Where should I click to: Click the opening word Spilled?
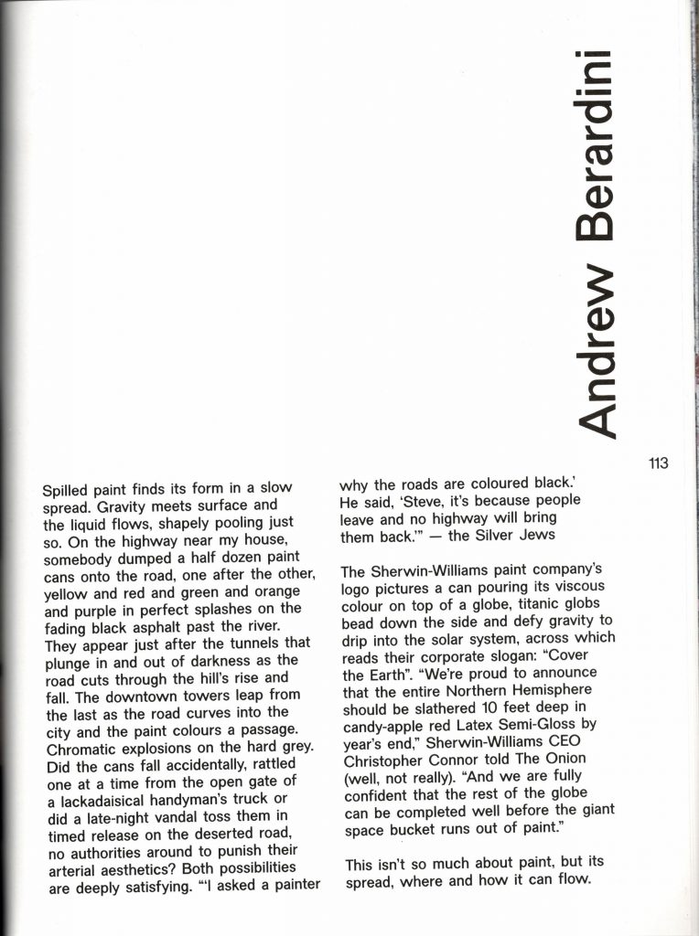pos(70,490)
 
